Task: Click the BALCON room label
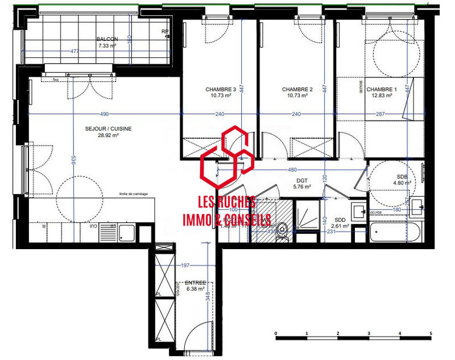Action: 107,39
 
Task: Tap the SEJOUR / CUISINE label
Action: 107,129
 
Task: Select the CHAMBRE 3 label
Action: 221,89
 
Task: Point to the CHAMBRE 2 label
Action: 297,89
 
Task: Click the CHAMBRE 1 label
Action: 381,89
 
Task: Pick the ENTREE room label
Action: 187,283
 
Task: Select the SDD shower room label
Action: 341,220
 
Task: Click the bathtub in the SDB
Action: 397,233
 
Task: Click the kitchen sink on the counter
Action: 126,231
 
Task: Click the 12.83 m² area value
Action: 381,96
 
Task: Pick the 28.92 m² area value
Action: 107,135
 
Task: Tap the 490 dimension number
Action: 105,114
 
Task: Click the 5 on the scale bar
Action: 431,333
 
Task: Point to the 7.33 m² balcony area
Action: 107,45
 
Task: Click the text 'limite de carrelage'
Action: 133,194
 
